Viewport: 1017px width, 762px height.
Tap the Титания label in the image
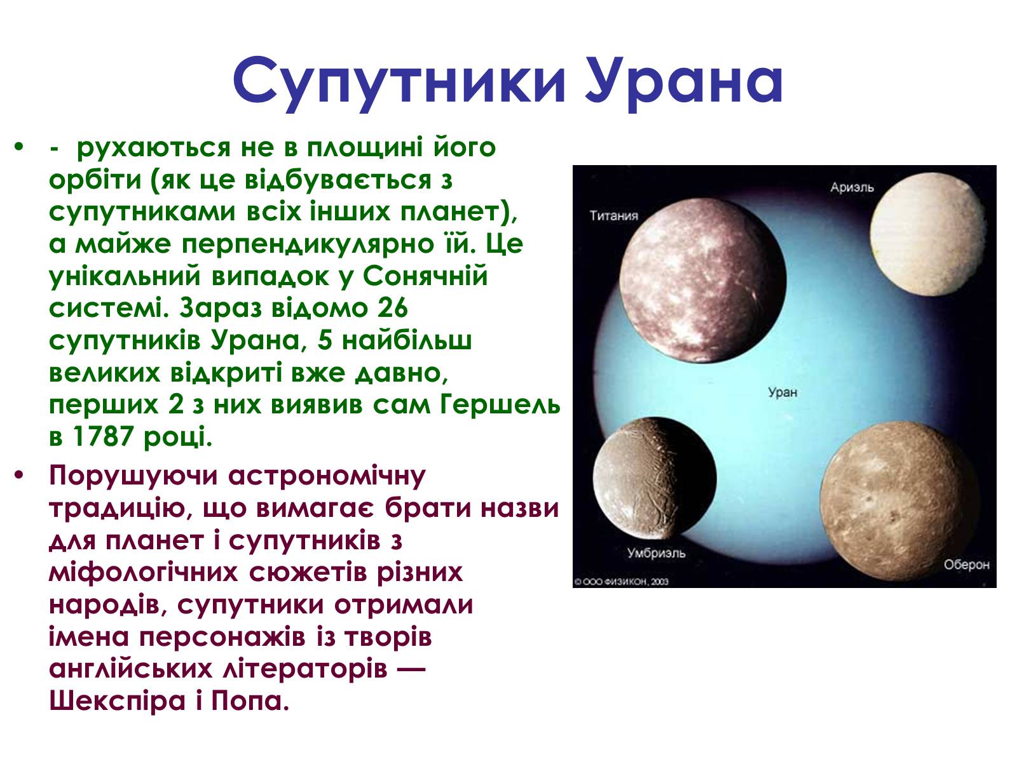[613, 216]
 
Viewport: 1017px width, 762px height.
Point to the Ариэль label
[852, 187]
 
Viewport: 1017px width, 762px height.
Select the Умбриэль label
[656, 553]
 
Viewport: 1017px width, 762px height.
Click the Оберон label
[967, 565]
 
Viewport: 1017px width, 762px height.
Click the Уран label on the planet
[782, 392]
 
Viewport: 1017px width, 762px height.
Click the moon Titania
[703, 281]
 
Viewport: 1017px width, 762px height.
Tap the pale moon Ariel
[928, 234]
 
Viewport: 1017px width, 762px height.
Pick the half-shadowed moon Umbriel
[654, 478]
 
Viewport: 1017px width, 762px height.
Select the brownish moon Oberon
[900, 502]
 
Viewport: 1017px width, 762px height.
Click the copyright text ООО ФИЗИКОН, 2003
[621, 582]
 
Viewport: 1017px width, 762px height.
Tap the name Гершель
[500, 405]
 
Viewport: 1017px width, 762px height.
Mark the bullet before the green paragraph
[18, 147]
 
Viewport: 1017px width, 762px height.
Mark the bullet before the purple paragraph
[18, 475]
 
